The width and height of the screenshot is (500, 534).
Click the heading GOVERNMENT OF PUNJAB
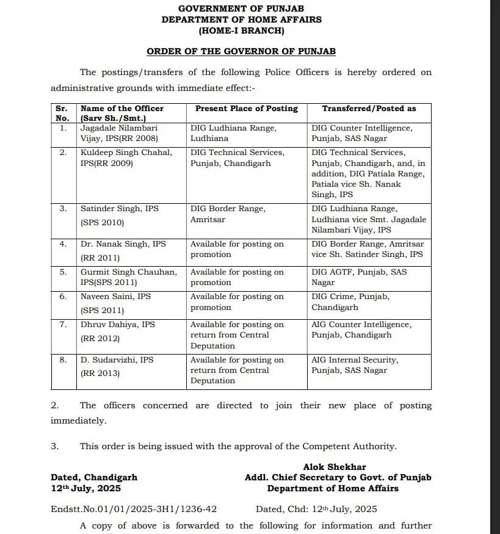tap(241, 9)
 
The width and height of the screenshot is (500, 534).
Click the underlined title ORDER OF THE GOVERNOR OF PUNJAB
tap(241, 52)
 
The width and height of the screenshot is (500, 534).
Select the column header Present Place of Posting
tap(246, 109)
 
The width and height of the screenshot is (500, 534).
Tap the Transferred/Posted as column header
tap(369, 109)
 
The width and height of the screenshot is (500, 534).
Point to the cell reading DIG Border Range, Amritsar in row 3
tap(228, 214)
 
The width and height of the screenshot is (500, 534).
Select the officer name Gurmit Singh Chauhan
tap(129, 272)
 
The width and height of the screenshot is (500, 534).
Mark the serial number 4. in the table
tap(63, 244)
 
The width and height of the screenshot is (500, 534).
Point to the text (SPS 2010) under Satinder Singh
tap(102, 223)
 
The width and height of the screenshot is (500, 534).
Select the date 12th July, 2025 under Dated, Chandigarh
tap(85, 488)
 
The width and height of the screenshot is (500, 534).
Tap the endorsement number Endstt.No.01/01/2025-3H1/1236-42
tap(134, 509)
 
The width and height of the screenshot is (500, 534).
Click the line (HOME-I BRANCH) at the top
tap(241, 30)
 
